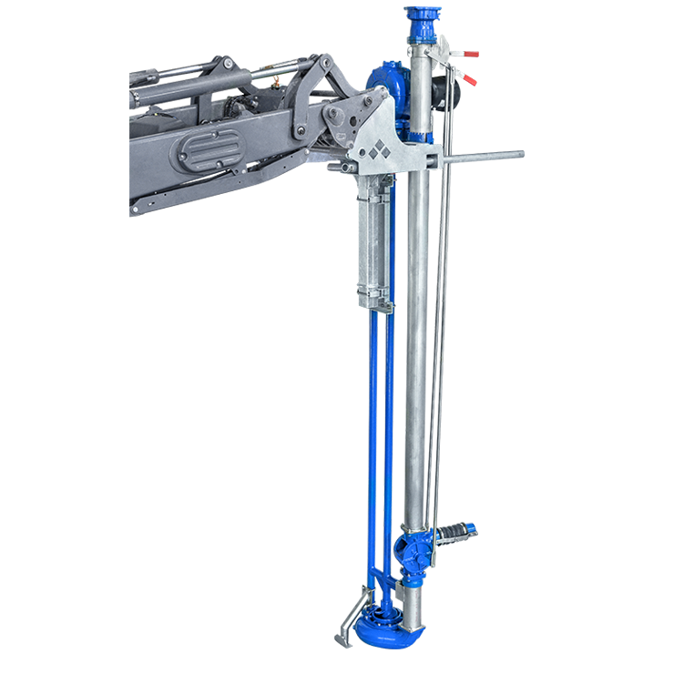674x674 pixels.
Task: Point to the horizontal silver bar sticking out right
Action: (483, 158)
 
